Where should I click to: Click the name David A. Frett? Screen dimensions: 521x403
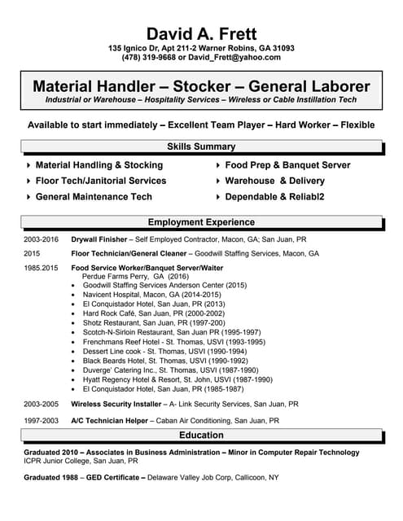tap(201, 33)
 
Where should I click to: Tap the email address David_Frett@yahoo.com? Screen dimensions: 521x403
tap(235, 58)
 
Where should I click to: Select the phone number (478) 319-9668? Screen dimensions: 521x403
tap(150, 58)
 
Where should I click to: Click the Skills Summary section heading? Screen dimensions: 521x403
tap(201, 147)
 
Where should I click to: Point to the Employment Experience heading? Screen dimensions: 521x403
tap(201, 222)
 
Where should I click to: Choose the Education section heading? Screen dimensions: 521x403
tap(201, 436)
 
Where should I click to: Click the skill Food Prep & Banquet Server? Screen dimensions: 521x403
tap(287, 165)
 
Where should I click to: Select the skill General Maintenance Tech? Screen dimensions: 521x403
tap(94, 197)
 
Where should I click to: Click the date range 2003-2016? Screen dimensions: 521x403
tap(41, 240)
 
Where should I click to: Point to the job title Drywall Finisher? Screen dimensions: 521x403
tap(99, 240)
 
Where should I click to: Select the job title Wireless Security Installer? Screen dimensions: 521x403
tap(116, 404)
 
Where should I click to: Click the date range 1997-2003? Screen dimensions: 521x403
tap(41, 421)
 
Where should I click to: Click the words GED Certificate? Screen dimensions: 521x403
tap(108, 477)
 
